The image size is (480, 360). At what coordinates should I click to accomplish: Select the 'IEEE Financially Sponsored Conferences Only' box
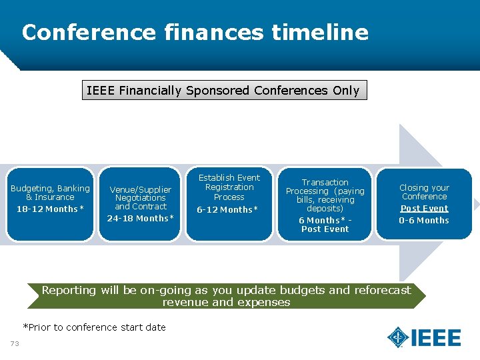pos(224,90)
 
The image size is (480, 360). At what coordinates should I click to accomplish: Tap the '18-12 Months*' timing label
pos(50,209)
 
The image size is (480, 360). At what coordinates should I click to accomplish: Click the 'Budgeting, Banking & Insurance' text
pos(50,193)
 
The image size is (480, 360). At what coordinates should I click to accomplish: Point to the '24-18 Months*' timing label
pos(140,219)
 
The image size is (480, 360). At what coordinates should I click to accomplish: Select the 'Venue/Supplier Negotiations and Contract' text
pos(140,198)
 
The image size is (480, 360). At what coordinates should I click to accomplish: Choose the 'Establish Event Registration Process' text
pos(229,187)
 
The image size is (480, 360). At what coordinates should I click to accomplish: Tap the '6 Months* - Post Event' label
pos(325,225)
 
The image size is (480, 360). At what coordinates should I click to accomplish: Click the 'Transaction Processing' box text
pos(325,195)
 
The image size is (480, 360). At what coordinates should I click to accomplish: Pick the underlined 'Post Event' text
pos(424,209)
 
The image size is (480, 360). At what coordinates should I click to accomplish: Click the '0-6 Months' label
pos(424,221)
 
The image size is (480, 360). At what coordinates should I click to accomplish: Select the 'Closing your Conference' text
pos(424,192)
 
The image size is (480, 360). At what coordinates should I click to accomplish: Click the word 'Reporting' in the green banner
pos(69,290)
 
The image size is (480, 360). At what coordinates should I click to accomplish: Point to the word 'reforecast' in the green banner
pos(382,290)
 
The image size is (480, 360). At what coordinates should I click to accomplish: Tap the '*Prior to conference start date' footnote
pos(94,327)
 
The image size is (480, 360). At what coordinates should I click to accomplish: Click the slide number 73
pos(14,343)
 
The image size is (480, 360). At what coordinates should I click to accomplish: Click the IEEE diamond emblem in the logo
pos(398,337)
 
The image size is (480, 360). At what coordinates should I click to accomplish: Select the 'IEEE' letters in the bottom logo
pos(436,338)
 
